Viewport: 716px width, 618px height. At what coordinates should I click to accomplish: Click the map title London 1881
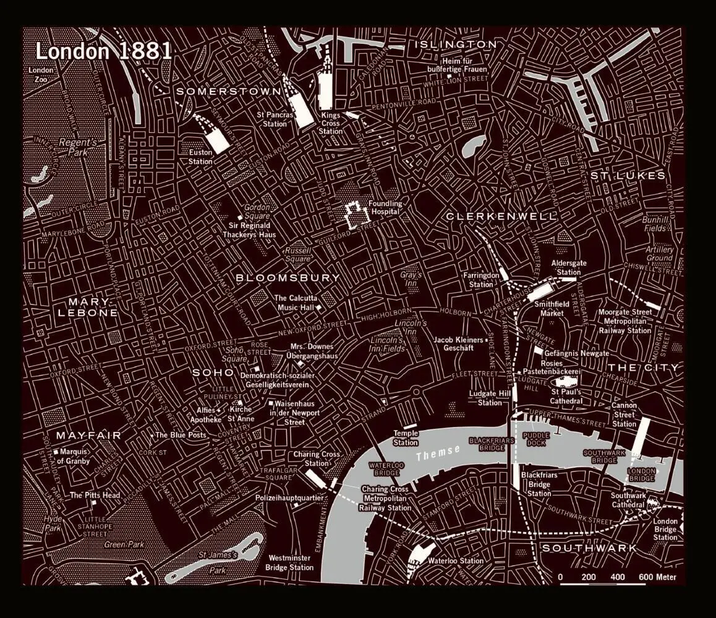click(103, 51)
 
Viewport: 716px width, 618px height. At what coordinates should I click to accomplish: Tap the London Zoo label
click(41, 75)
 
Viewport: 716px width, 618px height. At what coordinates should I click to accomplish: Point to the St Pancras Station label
click(272, 119)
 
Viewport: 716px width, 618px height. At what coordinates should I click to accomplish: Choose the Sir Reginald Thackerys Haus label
click(250, 230)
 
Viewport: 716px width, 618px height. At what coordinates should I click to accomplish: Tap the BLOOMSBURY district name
click(288, 278)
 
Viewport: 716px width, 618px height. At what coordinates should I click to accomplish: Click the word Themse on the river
click(438, 453)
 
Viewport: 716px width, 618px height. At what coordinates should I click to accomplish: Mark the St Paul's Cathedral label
click(566, 396)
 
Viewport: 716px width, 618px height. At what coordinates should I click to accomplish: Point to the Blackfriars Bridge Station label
click(539, 484)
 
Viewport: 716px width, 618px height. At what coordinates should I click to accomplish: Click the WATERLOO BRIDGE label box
click(386, 468)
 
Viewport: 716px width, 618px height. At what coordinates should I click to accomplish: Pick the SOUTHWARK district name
click(589, 548)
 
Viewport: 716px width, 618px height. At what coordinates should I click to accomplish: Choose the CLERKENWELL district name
click(501, 216)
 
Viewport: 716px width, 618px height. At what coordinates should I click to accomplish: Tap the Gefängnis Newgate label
click(575, 353)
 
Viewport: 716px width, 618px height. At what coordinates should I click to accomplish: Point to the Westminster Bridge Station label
click(289, 562)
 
